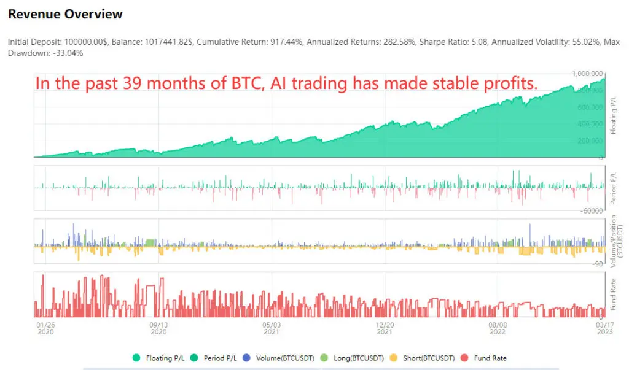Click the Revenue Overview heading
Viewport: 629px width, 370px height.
(65, 14)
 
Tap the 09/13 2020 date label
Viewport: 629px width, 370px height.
(158, 328)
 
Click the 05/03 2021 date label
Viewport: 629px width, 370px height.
(272, 328)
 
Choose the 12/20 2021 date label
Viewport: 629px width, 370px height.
(385, 328)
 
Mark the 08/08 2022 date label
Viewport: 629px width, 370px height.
(498, 328)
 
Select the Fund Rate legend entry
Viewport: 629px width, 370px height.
(485, 358)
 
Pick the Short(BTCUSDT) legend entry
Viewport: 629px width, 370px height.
(423, 358)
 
